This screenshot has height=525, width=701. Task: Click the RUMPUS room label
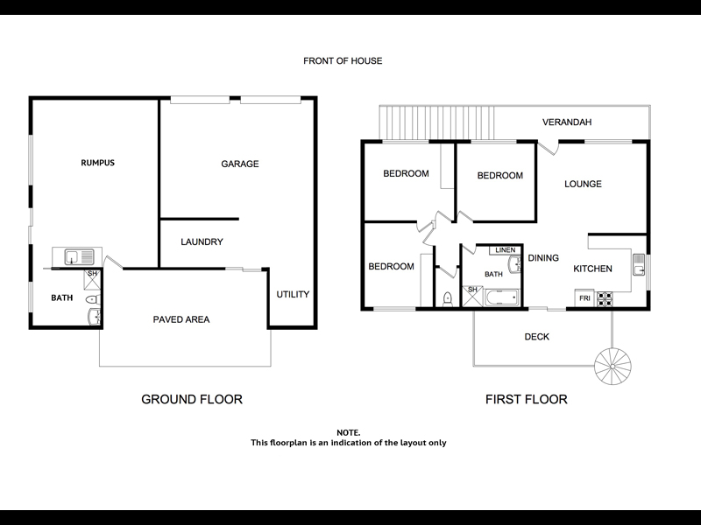click(x=97, y=163)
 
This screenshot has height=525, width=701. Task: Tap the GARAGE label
click(x=239, y=164)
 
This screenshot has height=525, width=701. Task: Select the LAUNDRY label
click(x=202, y=242)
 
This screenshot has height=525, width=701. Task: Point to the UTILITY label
click(x=293, y=294)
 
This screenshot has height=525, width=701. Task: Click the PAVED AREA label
click(x=181, y=319)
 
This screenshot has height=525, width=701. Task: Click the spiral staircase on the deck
click(x=612, y=366)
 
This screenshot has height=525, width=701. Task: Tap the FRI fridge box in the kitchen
click(x=584, y=298)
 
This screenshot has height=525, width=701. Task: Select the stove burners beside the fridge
click(x=604, y=299)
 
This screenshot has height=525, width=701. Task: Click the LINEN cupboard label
click(x=506, y=250)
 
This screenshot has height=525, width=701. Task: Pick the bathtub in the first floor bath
click(x=501, y=297)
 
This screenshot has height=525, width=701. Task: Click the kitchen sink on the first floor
click(x=639, y=265)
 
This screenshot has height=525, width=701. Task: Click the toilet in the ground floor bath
click(x=93, y=298)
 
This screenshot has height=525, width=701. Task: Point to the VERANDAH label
click(x=567, y=122)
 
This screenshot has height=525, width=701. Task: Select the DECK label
click(x=537, y=337)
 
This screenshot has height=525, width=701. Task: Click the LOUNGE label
click(x=583, y=184)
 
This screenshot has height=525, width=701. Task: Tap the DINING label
click(x=543, y=258)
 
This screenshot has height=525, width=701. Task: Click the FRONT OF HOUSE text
click(x=343, y=60)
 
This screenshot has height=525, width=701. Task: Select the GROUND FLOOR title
click(x=192, y=399)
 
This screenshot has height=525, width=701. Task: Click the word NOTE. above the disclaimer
click(x=348, y=432)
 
